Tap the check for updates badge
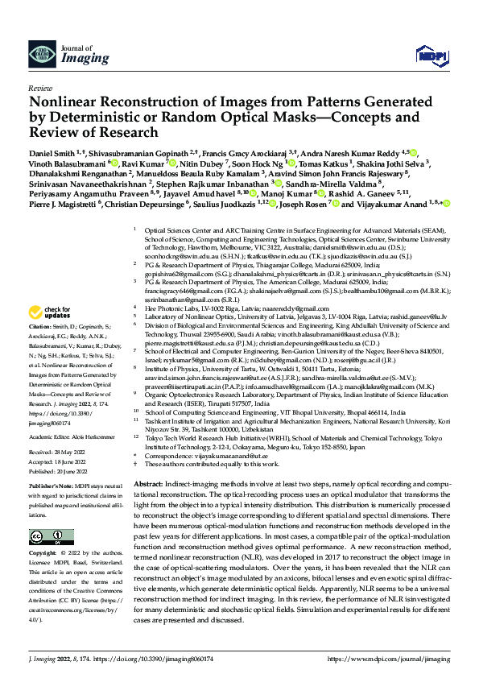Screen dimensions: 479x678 tap(50, 312)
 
